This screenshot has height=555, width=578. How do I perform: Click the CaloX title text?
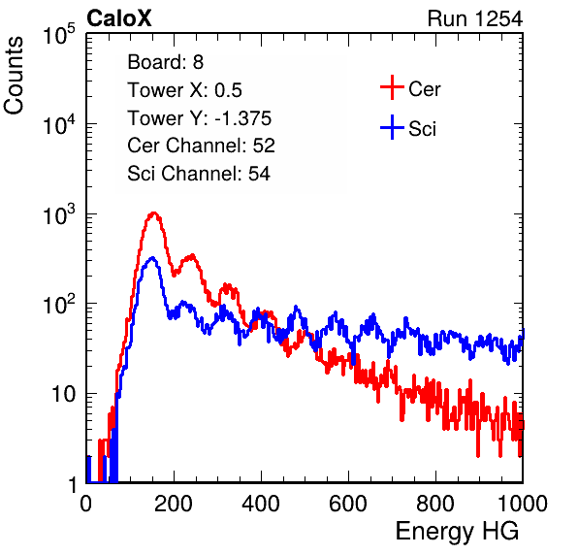point(119,18)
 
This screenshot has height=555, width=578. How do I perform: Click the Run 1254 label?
point(475,18)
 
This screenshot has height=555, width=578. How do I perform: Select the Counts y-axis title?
point(14,76)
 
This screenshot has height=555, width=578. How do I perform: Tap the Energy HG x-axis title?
point(457,531)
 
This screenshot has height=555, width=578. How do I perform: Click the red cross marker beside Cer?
point(392,87)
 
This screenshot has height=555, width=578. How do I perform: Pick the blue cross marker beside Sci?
point(392,127)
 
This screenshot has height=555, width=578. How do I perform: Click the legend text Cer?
point(424,89)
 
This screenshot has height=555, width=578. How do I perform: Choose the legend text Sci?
point(422,129)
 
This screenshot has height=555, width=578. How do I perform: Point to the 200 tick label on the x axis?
point(174,504)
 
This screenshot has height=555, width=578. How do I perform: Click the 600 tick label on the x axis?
point(348,504)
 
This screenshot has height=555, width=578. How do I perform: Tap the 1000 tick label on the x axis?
point(523,504)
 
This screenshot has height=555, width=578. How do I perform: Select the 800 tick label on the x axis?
point(435,504)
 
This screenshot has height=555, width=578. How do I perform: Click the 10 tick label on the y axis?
point(64,394)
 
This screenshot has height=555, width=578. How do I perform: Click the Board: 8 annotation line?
point(166,62)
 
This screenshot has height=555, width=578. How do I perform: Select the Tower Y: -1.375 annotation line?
point(200,118)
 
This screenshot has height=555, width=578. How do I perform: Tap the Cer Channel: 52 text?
point(202,146)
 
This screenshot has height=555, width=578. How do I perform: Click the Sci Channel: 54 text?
point(199,174)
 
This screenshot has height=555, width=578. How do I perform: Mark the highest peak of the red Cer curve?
point(154,212)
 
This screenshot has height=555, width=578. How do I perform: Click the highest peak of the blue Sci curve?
point(152,257)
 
